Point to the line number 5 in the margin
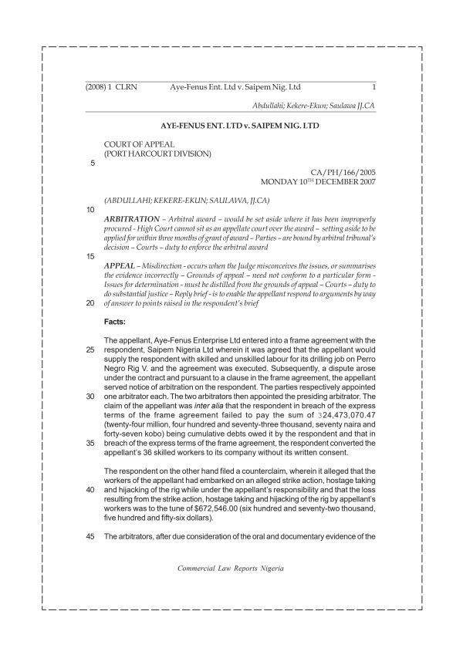coord(93,163)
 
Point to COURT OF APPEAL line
coord(139,143)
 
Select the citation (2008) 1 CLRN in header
coord(111,87)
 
